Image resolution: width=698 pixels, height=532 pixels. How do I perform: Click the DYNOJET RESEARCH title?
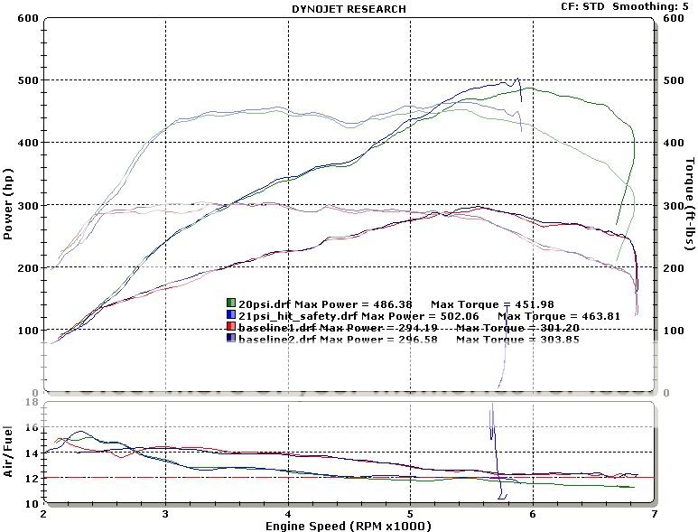pyautogui.click(x=348, y=9)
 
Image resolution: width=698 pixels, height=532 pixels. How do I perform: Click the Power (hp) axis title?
pyautogui.click(x=9, y=205)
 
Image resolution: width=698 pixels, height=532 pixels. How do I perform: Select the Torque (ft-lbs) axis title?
pyautogui.click(x=689, y=206)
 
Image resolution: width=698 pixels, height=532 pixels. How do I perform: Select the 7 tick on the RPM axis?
pyautogui.click(x=654, y=512)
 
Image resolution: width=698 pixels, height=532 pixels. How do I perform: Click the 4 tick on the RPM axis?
pyautogui.click(x=287, y=512)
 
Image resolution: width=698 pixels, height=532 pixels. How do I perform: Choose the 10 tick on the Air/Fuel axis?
pyautogui.click(x=31, y=503)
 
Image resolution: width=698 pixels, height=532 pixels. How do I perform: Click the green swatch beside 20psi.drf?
pyautogui.click(x=230, y=303)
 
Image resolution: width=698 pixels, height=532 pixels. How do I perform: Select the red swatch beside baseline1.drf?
pyautogui.click(x=230, y=326)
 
